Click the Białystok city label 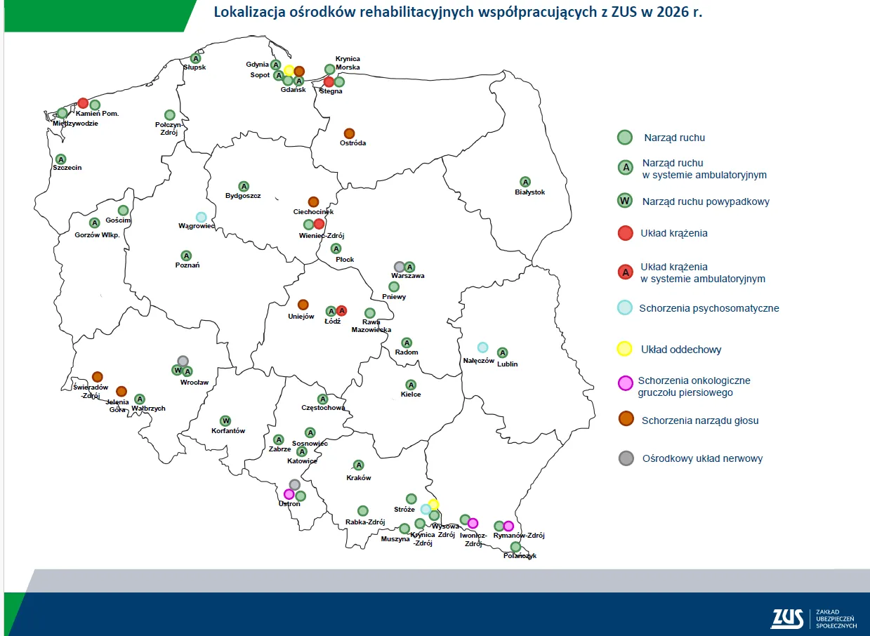529,192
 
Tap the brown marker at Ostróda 349,133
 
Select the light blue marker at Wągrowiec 201,217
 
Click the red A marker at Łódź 341,311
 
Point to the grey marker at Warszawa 399,267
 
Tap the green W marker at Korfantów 225,420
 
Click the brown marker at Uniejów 303,305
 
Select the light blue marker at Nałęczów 482,347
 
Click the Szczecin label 67,168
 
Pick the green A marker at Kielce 411,385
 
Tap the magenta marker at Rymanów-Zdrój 508,526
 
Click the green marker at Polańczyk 515,547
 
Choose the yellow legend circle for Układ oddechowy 624,349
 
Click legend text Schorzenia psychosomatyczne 708,308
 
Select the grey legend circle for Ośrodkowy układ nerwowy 626,458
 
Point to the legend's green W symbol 624,201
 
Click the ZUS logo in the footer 787,618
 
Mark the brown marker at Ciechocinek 313,202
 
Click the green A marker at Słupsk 196,58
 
